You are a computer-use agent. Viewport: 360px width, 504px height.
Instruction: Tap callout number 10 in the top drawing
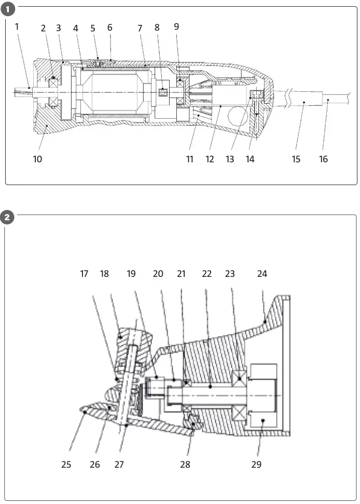click(37, 159)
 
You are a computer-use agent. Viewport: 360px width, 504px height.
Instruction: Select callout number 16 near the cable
click(323, 159)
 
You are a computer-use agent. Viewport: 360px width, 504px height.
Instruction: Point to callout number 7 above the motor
click(140, 28)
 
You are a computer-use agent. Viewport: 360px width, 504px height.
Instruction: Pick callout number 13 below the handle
click(230, 159)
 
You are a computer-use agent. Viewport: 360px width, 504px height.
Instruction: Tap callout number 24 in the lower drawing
click(262, 274)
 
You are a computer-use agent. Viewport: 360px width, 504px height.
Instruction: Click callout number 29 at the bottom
click(256, 465)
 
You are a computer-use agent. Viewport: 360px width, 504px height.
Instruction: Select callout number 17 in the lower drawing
click(84, 274)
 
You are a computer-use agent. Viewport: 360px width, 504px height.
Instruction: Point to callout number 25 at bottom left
click(66, 465)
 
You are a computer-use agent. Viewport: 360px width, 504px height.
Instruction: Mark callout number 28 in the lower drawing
click(185, 465)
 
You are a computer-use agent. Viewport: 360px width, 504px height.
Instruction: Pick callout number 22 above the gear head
click(207, 274)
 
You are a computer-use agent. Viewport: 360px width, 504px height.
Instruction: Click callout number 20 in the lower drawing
click(158, 274)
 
